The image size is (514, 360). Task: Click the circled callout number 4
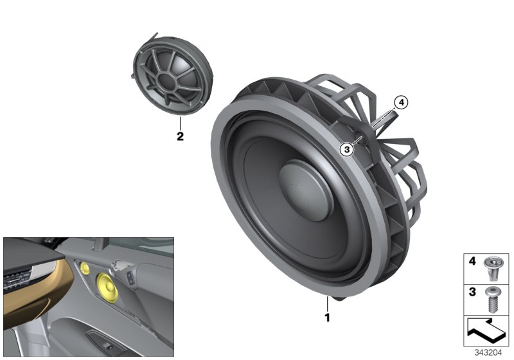[400, 102]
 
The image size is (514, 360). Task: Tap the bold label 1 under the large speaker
[327, 317]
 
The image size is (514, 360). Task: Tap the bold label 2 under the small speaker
[180, 136]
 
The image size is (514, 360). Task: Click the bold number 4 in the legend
[472, 262]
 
